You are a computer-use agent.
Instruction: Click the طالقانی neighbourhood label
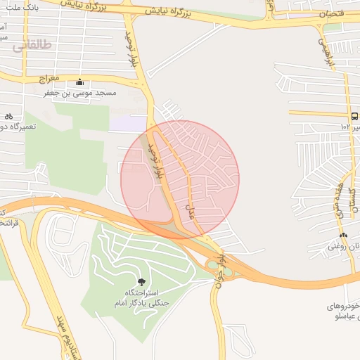pyautogui.click(x=32, y=45)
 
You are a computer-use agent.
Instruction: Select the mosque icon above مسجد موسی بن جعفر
pyautogui.click(x=79, y=82)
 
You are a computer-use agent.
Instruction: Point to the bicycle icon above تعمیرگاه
pyautogui.click(x=8, y=115)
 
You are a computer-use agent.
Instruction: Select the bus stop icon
pyautogui.click(x=354, y=117)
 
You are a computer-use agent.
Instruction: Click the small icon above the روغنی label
pyautogui.click(x=343, y=235)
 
